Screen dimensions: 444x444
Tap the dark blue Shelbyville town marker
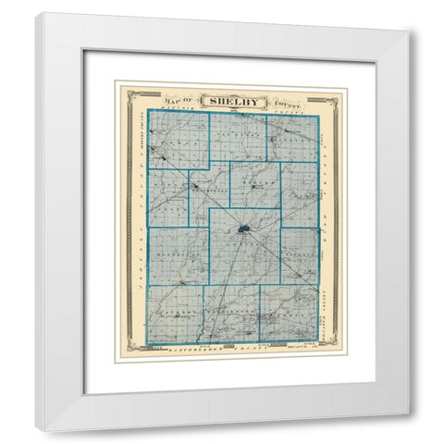coord(242,228)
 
